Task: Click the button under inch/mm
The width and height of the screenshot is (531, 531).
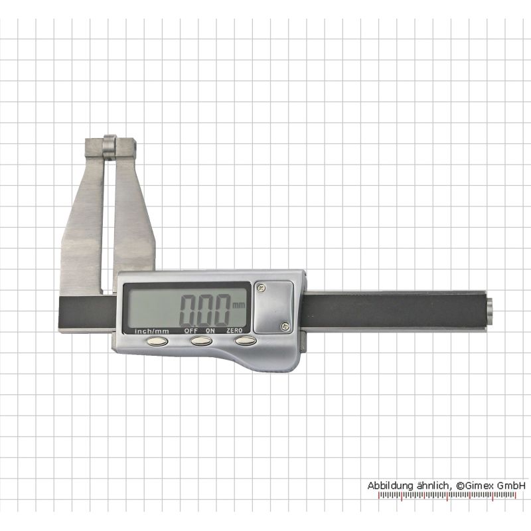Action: tap(157, 341)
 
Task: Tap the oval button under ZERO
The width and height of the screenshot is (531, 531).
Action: tap(246, 341)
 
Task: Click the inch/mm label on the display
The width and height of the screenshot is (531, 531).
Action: tap(152, 331)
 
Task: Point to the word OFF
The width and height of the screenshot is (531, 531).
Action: tap(191, 331)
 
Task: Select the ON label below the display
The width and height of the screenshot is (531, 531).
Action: tap(210, 331)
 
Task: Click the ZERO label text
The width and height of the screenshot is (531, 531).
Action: tap(234, 330)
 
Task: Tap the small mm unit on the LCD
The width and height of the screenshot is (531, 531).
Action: tap(239, 305)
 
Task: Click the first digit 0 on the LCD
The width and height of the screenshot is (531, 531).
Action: tap(189, 310)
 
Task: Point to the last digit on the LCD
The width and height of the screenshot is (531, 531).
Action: tap(221, 310)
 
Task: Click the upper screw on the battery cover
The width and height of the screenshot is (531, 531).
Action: tap(261, 288)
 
